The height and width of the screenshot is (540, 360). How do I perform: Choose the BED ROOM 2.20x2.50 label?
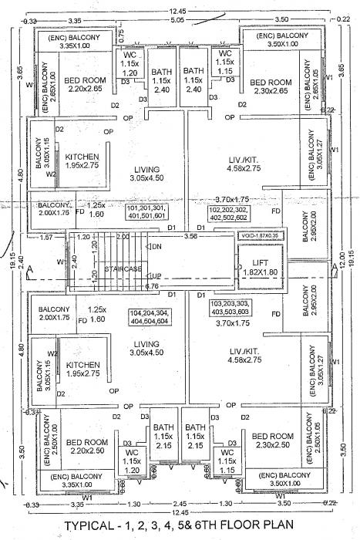[x=86, y=447]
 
